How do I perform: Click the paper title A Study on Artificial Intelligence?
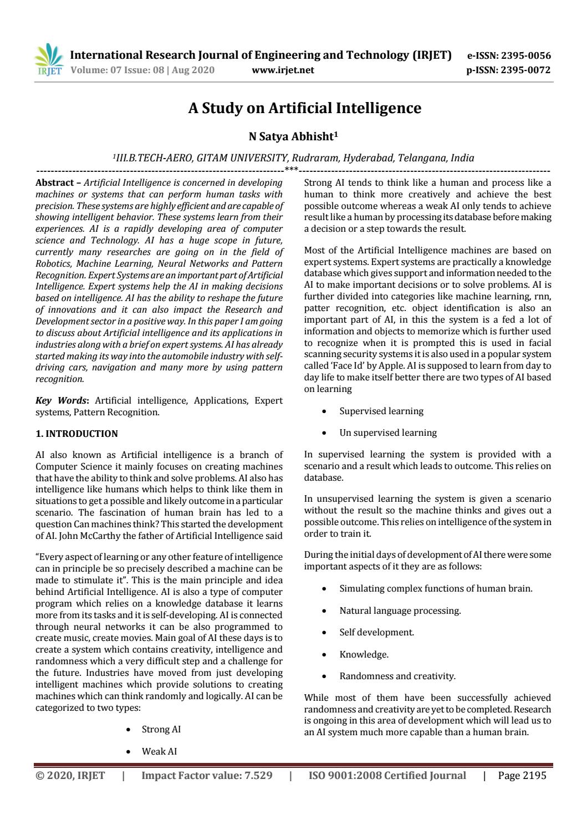click(304, 108)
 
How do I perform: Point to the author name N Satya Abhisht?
click(293, 136)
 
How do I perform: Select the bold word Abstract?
click(54, 182)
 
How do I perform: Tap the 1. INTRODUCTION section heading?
click(76, 434)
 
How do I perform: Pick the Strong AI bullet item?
click(161, 729)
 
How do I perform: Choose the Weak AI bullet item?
click(159, 751)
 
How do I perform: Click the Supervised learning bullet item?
click(381, 411)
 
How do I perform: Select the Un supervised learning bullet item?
click(387, 432)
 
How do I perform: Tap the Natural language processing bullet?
click(400, 610)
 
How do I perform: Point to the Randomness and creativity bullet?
click(397, 676)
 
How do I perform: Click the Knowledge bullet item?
click(364, 654)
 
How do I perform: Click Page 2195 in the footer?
click(522, 775)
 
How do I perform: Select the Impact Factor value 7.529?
click(207, 775)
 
